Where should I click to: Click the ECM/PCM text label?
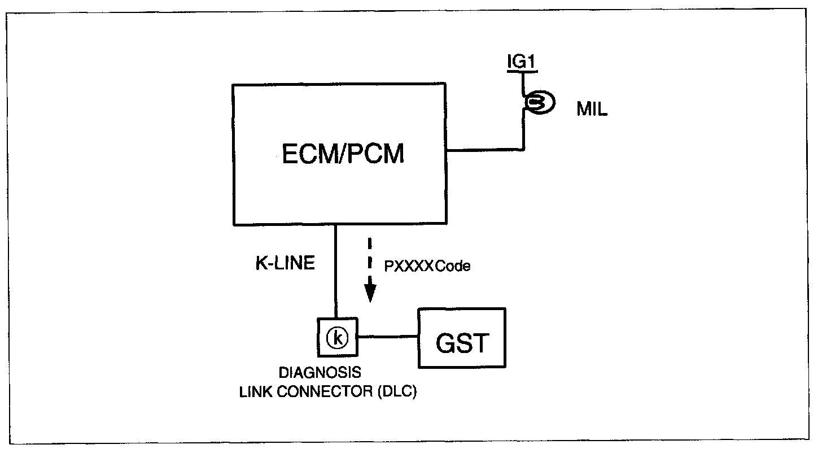[343, 154]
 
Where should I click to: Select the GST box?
[461, 338]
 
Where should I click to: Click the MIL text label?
[592, 110]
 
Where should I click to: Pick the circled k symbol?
[337, 338]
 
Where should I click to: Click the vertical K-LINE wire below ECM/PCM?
[336, 271]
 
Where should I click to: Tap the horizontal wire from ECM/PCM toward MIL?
[486, 150]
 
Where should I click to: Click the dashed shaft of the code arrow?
[370, 260]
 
